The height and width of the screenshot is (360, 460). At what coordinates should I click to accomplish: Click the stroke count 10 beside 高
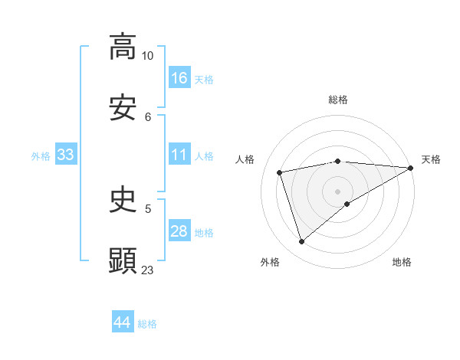(x=148, y=56)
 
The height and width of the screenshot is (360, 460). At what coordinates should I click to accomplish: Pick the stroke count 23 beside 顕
(x=148, y=270)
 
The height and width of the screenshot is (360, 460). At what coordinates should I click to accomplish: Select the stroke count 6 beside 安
(x=148, y=116)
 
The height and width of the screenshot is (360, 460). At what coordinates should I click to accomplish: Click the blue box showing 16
(x=179, y=78)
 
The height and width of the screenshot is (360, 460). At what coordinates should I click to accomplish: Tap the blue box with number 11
(x=179, y=155)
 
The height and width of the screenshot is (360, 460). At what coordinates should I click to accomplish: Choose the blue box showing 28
(x=179, y=232)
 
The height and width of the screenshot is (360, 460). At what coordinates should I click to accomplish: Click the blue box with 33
(x=66, y=155)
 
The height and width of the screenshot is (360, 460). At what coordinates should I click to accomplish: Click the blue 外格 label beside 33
(x=41, y=156)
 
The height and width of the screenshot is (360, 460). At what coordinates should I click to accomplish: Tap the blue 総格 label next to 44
(x=147, y=324)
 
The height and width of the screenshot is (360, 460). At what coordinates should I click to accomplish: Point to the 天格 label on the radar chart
(x=431, y=159)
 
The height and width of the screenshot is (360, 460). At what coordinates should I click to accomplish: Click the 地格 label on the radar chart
(x=402, y=262)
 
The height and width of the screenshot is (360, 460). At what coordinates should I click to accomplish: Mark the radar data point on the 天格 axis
(x=410, y=169)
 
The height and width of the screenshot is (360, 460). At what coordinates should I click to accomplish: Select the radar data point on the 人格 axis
(x=280, y=172)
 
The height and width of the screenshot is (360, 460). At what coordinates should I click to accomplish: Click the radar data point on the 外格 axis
(x=301, y=242)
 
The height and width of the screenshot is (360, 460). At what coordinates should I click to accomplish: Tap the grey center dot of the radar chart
(x=337, y=191)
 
